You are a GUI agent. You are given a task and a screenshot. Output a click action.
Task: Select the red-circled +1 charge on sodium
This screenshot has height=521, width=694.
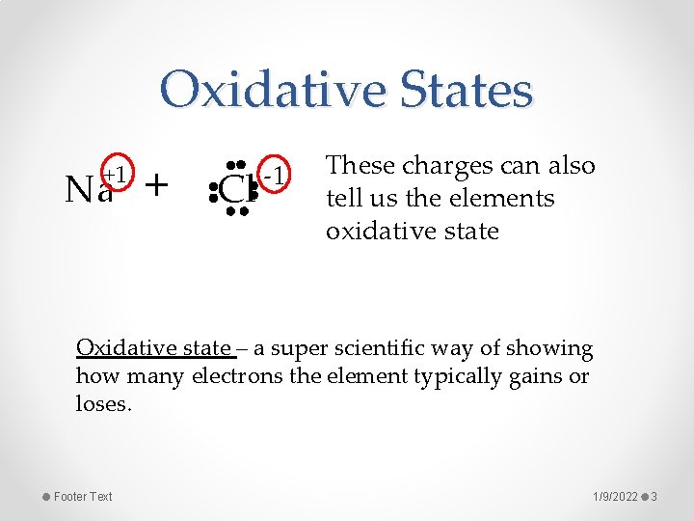(118, 174)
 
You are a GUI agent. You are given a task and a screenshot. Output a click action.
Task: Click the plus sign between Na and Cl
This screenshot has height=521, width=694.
(155, 182)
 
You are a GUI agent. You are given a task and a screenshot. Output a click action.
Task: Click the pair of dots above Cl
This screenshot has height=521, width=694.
(236, 163)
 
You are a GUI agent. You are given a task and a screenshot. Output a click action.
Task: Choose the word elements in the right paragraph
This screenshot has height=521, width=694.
(507, 199)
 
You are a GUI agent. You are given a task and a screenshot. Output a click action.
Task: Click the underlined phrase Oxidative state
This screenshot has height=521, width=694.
(152, 348)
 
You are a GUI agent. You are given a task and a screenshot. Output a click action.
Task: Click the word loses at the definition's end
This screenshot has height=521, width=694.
(102, 404)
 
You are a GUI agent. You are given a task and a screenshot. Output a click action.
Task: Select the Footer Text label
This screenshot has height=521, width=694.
(83, 496)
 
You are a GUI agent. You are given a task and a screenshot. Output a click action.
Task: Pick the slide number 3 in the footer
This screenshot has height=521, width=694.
(654, 496)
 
